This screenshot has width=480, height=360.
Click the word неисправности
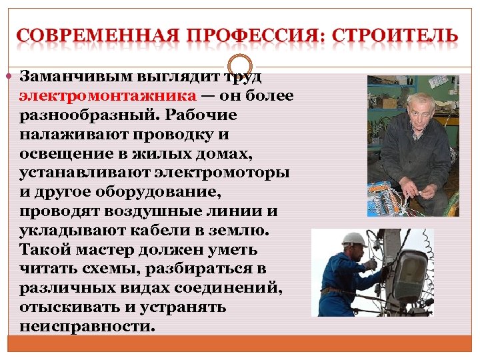(87, 327)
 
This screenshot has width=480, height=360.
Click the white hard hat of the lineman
(353, 239)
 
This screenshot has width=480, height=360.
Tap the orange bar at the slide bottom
(239, 343)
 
